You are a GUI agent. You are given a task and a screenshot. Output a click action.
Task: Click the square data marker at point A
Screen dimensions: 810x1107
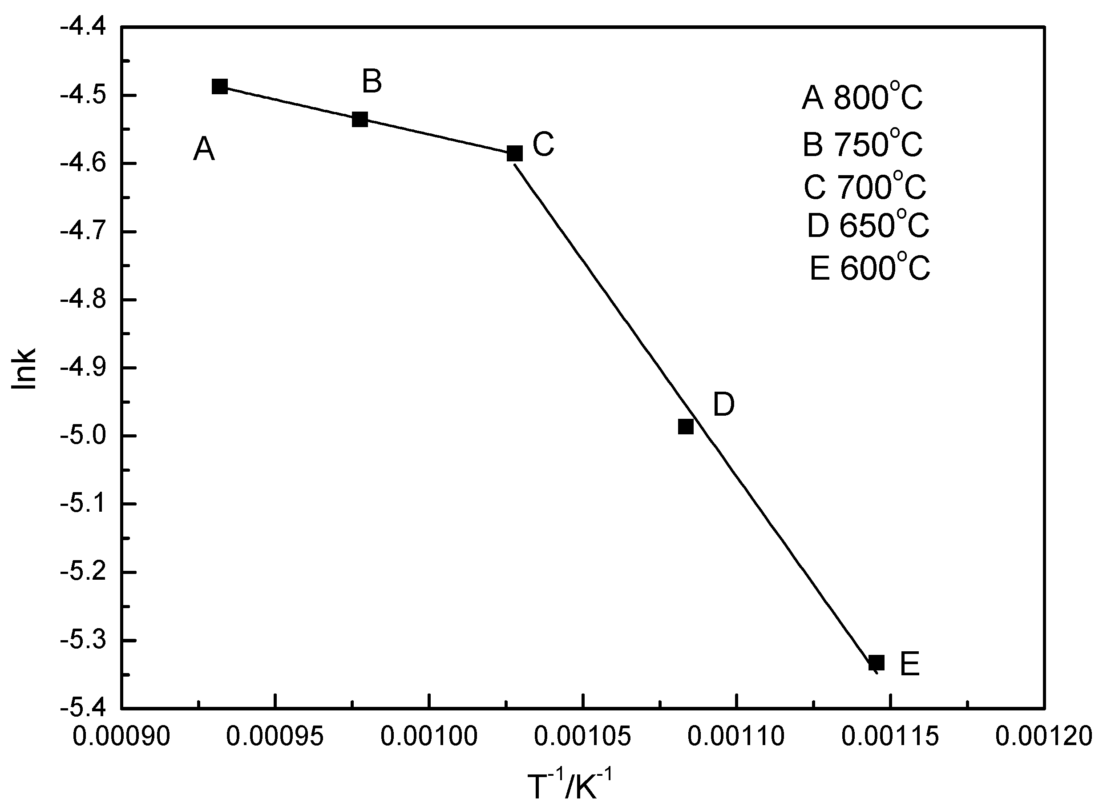coord(220,87)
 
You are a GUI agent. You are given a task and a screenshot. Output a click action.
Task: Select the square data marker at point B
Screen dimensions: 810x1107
coord(360,119)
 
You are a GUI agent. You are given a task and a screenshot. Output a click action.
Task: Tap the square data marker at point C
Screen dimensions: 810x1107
coord(514,153)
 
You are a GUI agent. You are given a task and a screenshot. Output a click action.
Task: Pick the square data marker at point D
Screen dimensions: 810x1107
coord(686,427)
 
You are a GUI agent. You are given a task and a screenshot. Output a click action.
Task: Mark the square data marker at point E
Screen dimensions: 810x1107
coord(877,663)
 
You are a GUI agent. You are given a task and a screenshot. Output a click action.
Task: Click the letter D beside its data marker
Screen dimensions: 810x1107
coord(723,405)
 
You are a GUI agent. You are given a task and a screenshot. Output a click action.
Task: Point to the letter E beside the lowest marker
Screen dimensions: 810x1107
coord(909,665)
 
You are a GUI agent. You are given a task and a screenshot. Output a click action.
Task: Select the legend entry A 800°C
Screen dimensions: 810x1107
coord(862,97)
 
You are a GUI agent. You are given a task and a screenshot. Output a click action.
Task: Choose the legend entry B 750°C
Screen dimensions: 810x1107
coord(862,144)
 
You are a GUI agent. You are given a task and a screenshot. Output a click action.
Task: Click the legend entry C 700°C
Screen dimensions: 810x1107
coord(864,186)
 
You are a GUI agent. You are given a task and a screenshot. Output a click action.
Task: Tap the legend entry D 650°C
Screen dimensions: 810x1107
coord(868,225)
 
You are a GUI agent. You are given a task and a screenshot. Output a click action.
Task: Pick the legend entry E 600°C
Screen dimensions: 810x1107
coord(869,268)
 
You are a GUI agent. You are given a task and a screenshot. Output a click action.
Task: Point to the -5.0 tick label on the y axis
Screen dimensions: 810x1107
coord(83,437)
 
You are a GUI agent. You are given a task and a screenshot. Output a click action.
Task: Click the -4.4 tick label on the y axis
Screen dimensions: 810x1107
coord(83,28)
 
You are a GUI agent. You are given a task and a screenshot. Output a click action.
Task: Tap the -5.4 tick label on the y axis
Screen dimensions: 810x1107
coord(83,708)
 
